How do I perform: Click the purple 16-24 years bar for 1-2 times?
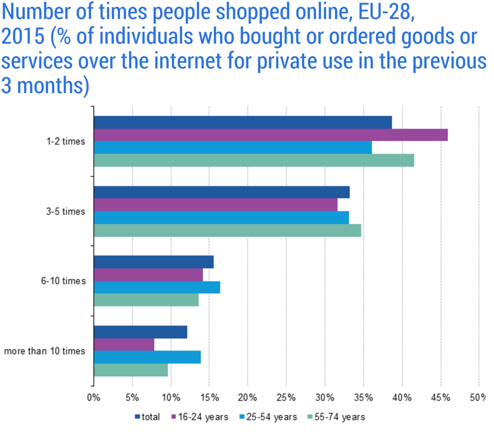pyautogui.click(x=271, y=135)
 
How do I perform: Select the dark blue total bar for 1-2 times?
pyautogui.click(x=243, y=122)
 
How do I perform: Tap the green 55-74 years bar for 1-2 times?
pyautogui.click(x=254, y=160)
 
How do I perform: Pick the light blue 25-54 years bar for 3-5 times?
pyautogui.click(x=221, y=218)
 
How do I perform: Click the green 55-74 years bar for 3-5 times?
pyautogui.click(x=227, y=230)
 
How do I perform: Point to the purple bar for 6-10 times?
pyautogui.click(x=148, y=275)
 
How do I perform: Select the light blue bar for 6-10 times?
pyautogui.click(x=157, y=287)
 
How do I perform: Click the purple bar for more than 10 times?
pyautogui.click(x=124, y=345)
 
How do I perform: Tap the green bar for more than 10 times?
pyautogui.click(x=131, y=370)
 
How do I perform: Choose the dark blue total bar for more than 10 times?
pyautogui.click(x=140, y=332)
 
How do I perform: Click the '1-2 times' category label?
pyautogui.click(x=66, y=141)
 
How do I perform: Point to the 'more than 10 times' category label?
pyautogui.click(x=45, y=351)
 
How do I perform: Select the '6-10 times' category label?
pyautogui.click(x=63, y=281)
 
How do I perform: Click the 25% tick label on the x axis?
pyautogui.click(x=286, y=398)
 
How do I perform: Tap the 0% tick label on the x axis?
pyautogui.click(x=93, y=398)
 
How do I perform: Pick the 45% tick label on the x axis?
pyautogui.click(x=440, y=398)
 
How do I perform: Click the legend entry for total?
pyautogui.click(x=147, y=417)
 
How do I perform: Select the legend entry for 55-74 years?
pyautogui.click(x=336, y=417)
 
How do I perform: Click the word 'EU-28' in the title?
pyautogui.click(x=386, y=12)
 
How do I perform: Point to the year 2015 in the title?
pyautogui.click(x=23, y=36)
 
